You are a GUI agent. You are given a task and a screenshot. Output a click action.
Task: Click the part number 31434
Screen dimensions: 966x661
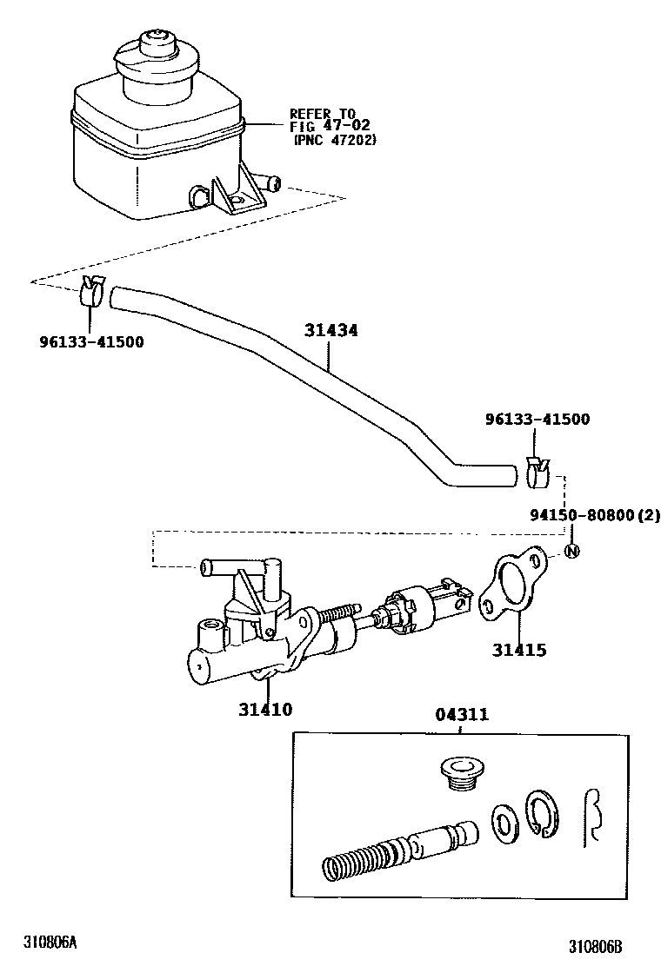[330, 330]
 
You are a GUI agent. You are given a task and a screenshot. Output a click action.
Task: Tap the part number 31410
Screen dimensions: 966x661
[265, 710]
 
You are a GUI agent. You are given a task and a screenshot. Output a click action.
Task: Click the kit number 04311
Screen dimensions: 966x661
[461, 715]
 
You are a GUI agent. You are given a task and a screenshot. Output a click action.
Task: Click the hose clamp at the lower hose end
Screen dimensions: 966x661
[537, 469]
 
